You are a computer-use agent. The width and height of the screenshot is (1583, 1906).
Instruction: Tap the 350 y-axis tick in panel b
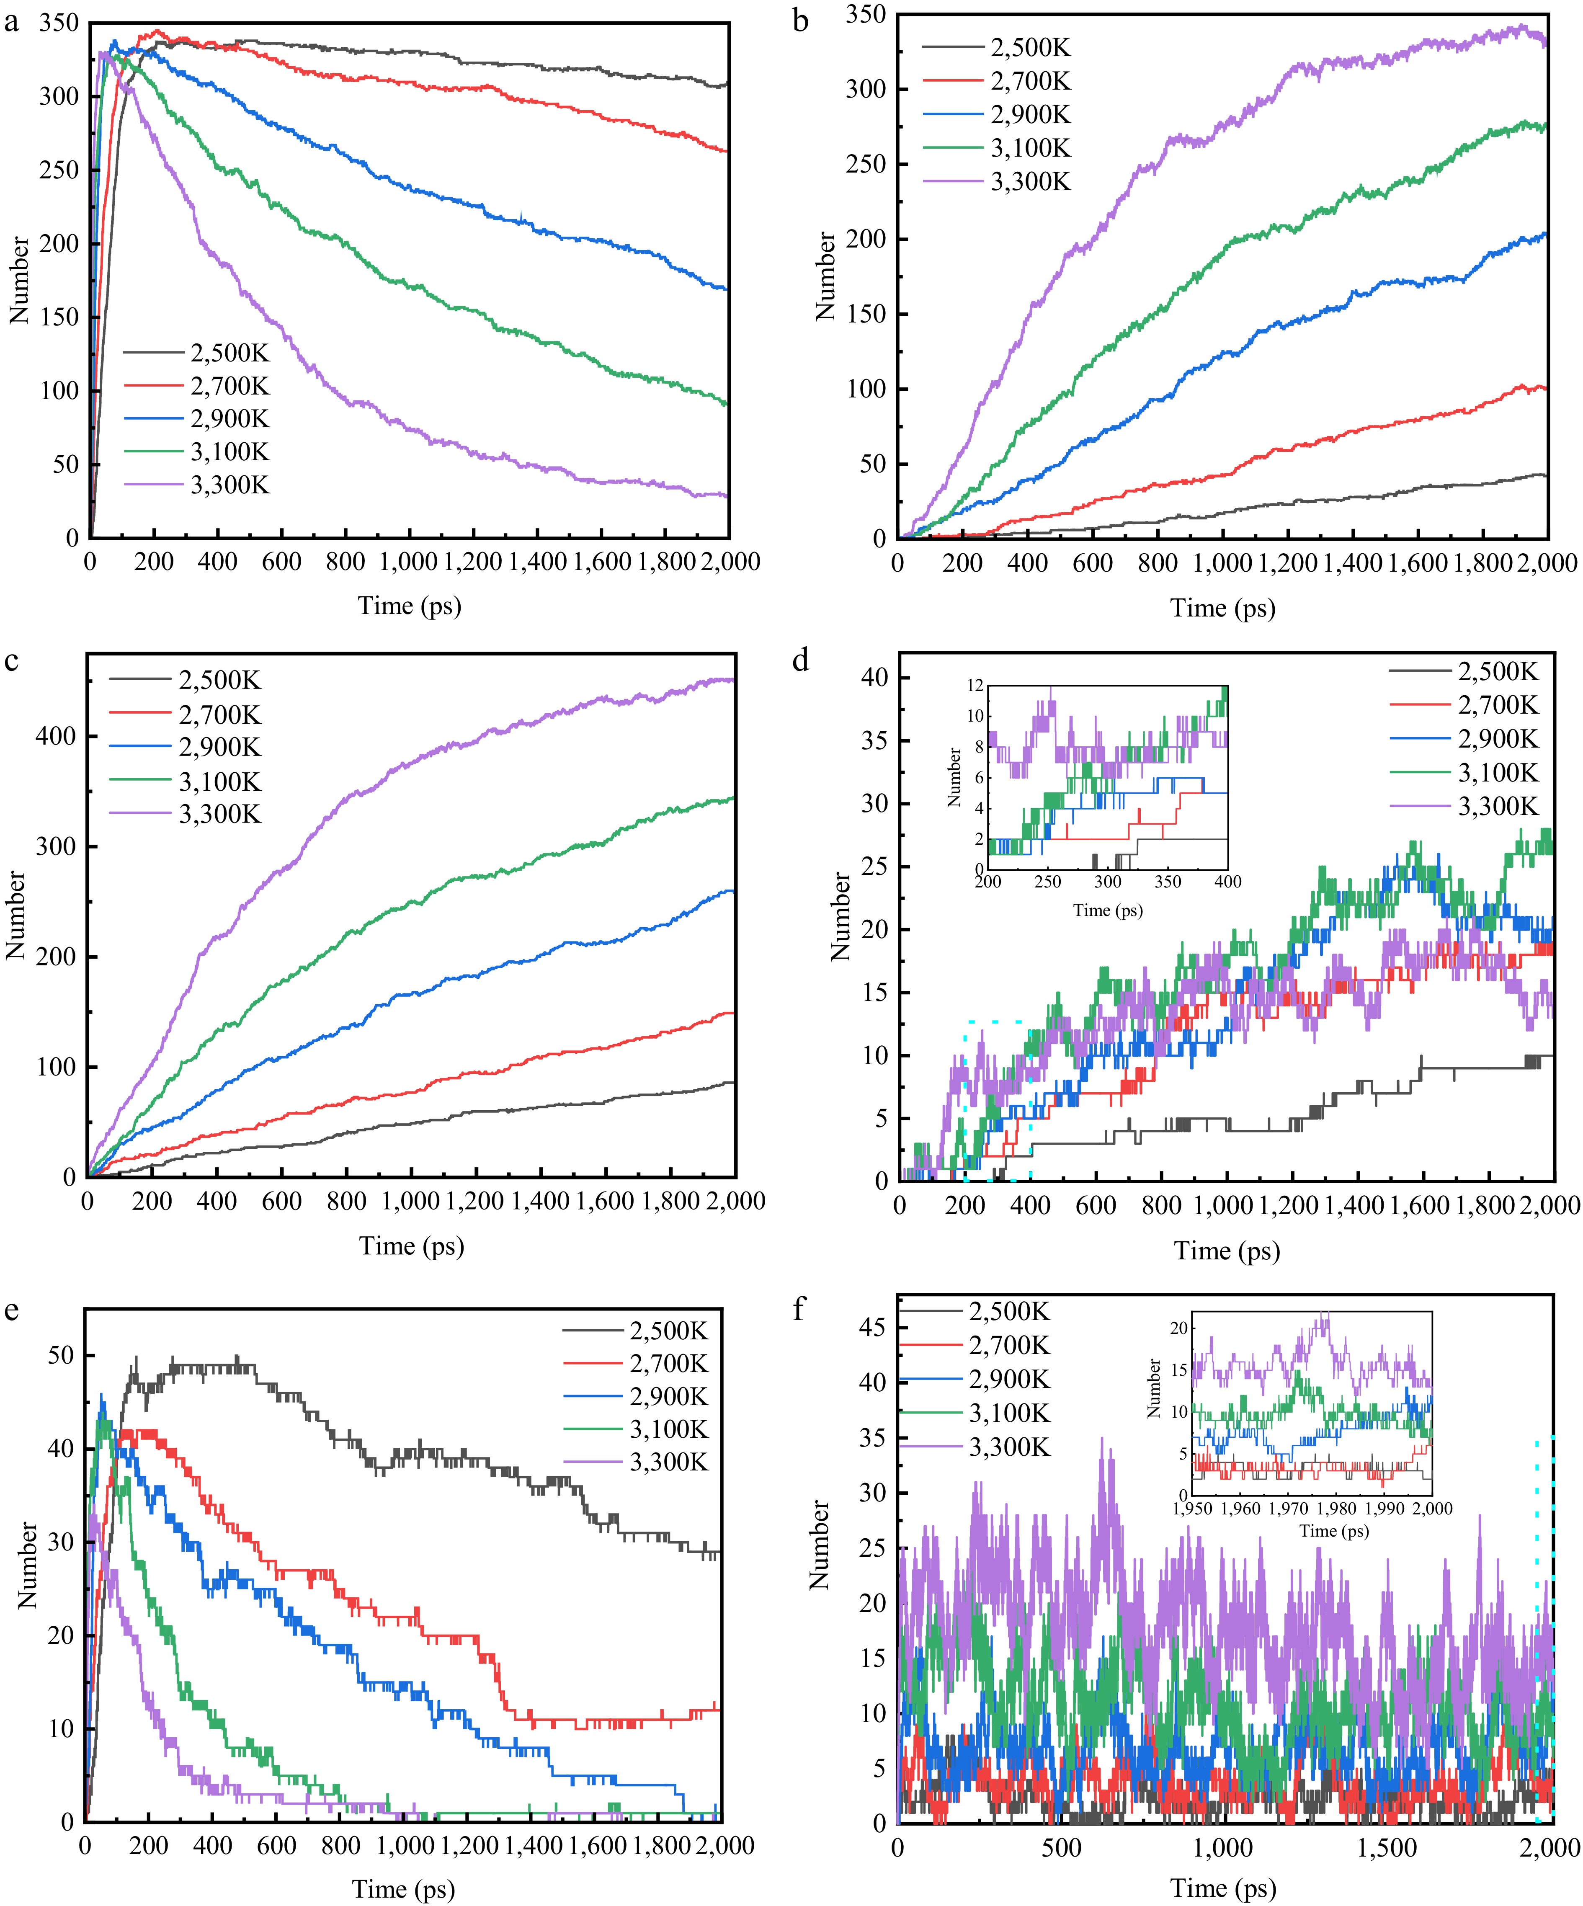pyautogui.click(x=866, y=15)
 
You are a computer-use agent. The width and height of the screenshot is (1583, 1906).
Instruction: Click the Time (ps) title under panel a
pyautogui.click(x=410, y=605)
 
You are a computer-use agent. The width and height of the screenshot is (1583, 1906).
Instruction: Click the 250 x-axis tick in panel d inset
pyautogui.click(x=1047, y=881)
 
